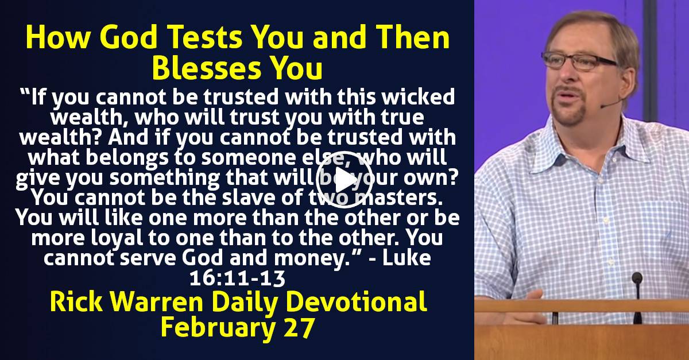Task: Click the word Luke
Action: [407, 258]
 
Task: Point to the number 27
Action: [299, 327]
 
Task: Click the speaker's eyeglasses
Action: [580, 61]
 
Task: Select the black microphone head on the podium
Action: [637, 278]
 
